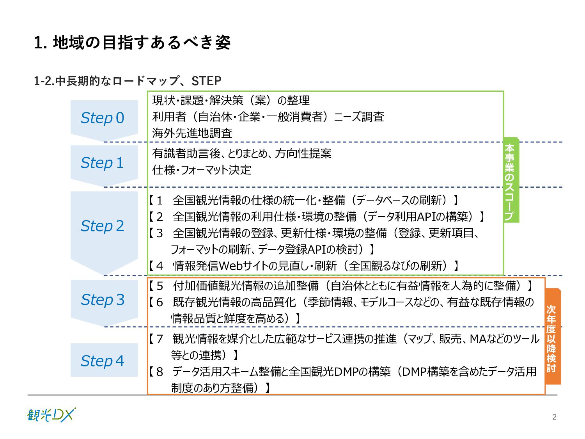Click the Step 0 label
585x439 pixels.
(x=102, y=118)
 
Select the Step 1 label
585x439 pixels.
(x=102, y=163)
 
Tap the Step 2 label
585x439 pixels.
(x=102, y=226)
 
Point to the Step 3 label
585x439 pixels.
(x=103, y=300)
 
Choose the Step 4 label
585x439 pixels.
(x=102, y=361)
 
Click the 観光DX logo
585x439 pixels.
(x=51, y=415)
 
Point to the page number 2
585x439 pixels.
(x=554, y=417)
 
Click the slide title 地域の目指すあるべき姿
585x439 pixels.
(x=142, y=43)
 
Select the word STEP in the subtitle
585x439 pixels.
(x=206, y=81)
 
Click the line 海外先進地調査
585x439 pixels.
(x=192, y=133)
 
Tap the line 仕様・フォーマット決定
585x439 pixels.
(x=202, y=170)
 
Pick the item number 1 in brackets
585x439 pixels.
(x=160, y=201)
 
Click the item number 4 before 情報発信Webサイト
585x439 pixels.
(x=160, y=266)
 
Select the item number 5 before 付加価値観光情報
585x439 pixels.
(x=160, y=286)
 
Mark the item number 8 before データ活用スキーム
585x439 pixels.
(x=160, y=372)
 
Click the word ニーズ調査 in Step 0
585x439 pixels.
(x=359, y=117)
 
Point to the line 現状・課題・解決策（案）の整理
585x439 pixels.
(x=231, y=100)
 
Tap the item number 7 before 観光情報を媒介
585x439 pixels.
(x=160, y=339)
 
